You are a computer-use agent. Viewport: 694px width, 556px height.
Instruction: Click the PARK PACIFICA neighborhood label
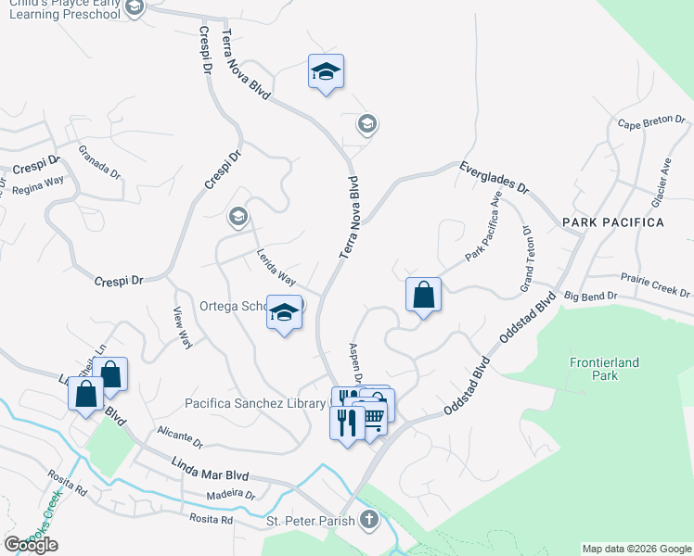(612, 223)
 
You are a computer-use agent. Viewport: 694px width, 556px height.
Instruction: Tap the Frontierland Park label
(604, 369)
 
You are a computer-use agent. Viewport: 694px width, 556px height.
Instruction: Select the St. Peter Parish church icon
(369, 519)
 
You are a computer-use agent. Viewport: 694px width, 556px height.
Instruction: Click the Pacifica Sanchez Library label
(256, 403)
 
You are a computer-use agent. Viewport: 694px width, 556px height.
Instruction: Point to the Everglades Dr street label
(494, 177)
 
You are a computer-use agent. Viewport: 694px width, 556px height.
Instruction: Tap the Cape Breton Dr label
(650, 121)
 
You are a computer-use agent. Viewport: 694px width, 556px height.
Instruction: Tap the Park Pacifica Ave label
(483, 227)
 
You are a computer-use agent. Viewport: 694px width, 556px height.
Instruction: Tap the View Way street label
(183, 328)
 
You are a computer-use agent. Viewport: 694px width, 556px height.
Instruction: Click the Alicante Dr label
(180, 436)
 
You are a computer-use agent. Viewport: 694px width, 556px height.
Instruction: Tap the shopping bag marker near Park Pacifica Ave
(423, 296)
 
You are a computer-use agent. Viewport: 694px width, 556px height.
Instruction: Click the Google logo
(31, 545)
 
